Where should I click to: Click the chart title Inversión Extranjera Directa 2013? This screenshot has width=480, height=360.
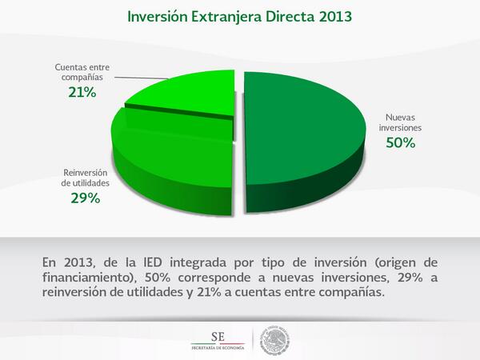coord(239,17)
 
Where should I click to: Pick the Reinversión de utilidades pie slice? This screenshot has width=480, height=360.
coord(172,156)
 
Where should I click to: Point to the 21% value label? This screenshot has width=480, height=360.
coord(82,93)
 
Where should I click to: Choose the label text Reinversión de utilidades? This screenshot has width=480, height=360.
coord(86,177)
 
